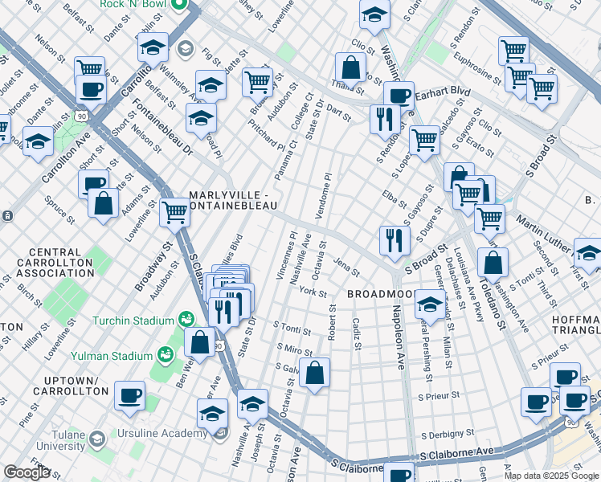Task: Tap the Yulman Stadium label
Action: (x=122, y=355)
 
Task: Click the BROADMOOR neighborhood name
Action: (x=379, y=295)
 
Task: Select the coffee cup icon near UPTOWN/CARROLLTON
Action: (x=129, y=395)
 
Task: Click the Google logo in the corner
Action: (x=27, y=472)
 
